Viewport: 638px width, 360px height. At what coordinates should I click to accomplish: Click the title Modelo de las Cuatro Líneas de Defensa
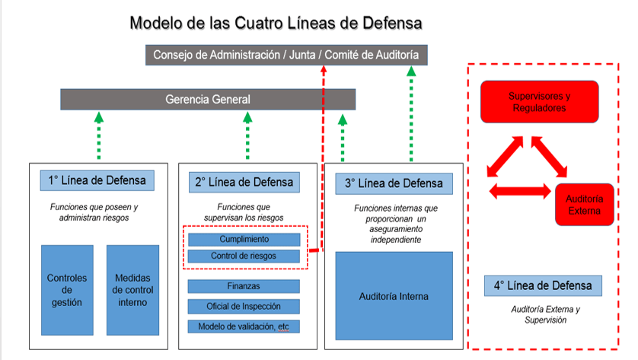point(276,23)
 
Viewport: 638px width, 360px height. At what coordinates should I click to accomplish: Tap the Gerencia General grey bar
point(208,99)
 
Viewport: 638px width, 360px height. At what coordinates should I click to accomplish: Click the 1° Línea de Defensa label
point(97,181)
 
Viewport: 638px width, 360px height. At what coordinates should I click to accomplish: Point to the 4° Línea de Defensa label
point(543,286)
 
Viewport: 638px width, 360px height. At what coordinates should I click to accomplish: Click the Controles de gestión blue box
point(68,290)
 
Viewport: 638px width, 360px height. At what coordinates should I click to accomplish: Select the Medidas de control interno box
point(132,290)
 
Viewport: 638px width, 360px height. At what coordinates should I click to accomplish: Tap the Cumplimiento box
point(244,240)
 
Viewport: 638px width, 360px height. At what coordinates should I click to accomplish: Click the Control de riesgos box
point(244,256)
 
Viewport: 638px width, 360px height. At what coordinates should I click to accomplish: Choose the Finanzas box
point(244,286)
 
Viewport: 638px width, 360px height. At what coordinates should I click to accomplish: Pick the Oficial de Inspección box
point(244,306)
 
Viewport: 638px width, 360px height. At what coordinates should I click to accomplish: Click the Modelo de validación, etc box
point(244,327)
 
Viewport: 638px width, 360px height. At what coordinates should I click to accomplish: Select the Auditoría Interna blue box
point(394,296)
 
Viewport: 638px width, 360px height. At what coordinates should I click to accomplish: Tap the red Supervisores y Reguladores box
point(539,102)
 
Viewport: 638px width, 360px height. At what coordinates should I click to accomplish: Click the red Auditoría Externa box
point(584,205)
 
